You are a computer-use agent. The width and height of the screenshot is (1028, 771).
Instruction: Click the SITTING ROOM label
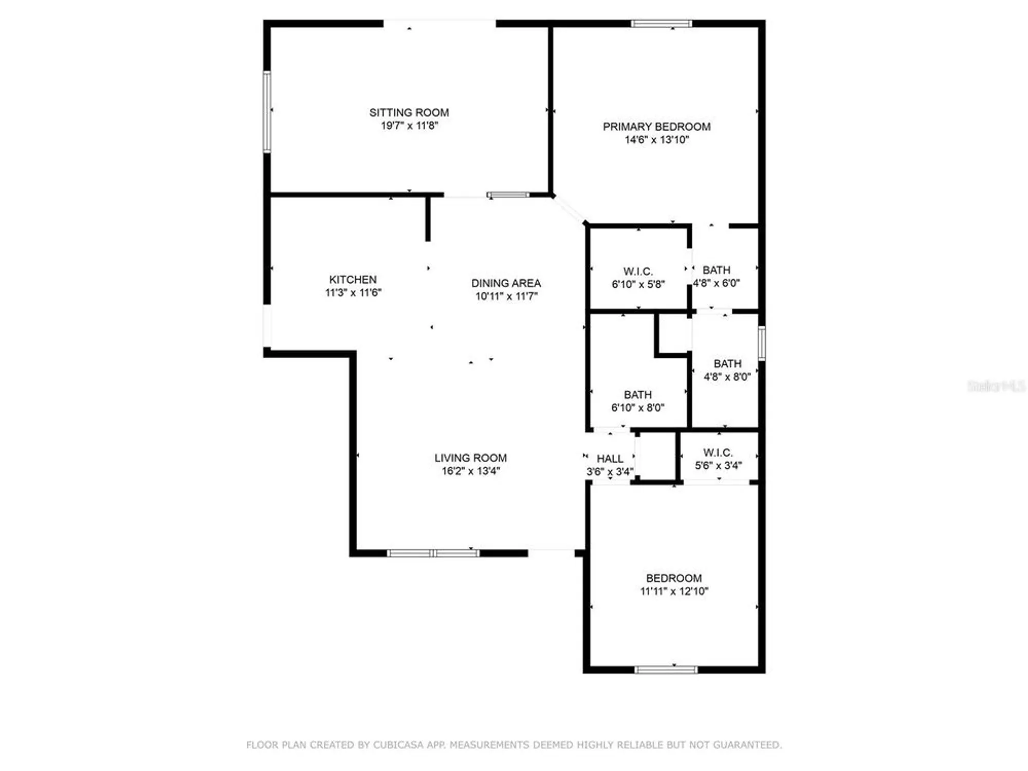[409, 112]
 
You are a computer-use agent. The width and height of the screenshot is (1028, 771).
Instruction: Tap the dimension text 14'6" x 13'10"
[656, 140]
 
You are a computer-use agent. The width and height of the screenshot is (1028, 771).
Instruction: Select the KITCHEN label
[353, 280]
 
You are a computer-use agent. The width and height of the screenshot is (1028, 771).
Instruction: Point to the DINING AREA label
[506, 283]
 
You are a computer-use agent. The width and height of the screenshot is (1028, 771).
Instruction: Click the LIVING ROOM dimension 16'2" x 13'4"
[470, 471]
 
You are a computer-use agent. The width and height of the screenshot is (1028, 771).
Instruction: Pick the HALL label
[610, 458]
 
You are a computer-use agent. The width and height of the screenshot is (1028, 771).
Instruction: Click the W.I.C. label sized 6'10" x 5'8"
[638, 271]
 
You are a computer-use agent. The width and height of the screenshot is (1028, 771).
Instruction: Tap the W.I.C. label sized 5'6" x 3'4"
[718, 453]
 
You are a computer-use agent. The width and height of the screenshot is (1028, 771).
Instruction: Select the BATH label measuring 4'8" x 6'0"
[717, 270]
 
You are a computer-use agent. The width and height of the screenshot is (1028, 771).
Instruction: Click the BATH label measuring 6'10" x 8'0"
[637, 395]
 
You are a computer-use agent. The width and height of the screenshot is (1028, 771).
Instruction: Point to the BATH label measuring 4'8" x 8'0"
[727, 364]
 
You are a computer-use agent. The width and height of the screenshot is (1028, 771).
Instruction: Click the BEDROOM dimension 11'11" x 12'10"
[674, 591]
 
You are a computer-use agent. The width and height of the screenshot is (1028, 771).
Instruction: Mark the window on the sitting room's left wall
[267, 112]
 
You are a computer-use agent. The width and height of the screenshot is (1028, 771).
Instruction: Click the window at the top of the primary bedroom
[661, 24]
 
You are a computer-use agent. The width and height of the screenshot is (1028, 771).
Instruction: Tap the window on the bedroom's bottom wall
[666, 669]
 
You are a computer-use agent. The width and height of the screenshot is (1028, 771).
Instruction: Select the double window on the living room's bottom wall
[433, 553]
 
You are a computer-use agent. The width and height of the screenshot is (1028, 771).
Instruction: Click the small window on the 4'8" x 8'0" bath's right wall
[762, 343]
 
